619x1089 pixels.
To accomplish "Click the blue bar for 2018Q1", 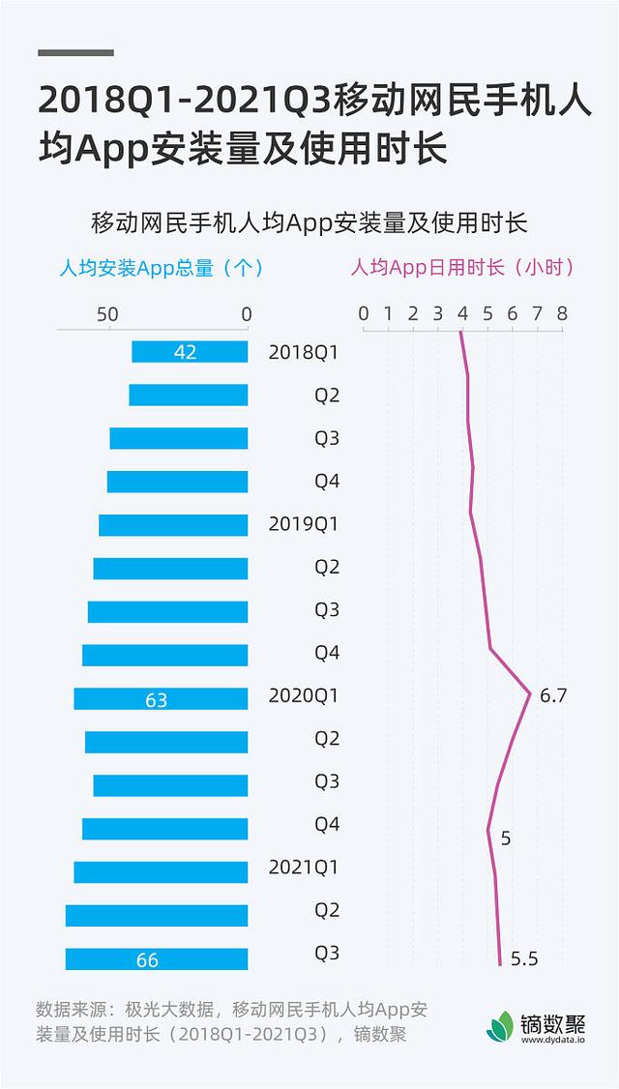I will click(190, 352).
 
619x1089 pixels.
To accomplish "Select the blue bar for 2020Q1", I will click(161, 698).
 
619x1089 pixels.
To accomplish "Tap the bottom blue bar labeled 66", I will click(157, 958).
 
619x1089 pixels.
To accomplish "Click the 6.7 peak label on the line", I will click(552, 695).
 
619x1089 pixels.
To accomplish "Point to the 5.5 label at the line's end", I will click(523, 958).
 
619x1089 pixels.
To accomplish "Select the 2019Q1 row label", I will click(303, 524).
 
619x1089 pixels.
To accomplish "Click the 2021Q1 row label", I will click(303, 868).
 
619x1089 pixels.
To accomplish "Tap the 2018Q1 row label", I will click(303, 352).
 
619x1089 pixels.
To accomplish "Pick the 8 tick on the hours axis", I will click(562, 314).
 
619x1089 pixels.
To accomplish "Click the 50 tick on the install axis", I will click(106, 314).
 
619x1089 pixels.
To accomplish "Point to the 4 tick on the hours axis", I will click(462, 314).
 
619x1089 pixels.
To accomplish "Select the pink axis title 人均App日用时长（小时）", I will click(462, 267).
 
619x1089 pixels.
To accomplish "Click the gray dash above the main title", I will click(76, 52).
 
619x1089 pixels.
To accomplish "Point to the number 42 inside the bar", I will click(185, 353).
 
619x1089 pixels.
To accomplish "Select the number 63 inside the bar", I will click(157, 699).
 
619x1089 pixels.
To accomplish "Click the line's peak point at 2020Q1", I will click(530, 694).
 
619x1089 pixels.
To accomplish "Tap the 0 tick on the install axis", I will click(246, 314).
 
